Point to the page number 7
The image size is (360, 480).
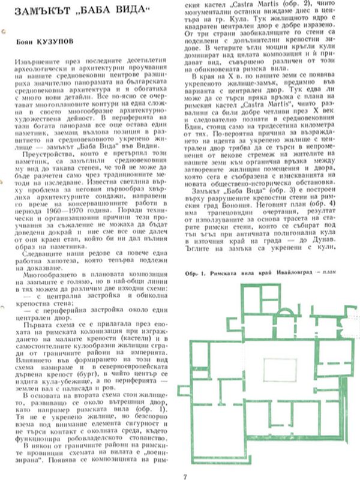point(184,461)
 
